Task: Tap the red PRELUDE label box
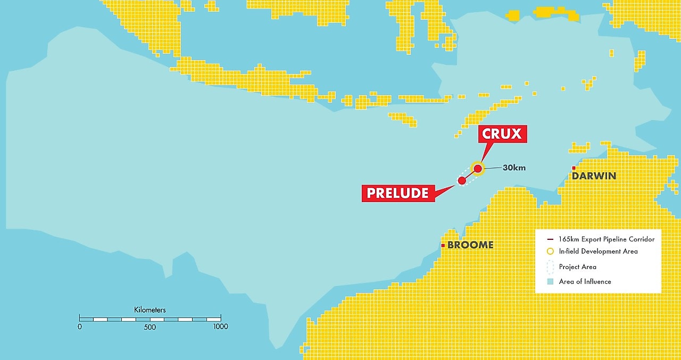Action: pos(397,193)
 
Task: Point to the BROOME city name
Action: pos(470,245)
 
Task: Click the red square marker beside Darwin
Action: pos(574,169)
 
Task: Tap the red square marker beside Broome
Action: pos(443,245)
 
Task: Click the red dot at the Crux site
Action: pos(478,169)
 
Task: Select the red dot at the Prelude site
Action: pos(462,181)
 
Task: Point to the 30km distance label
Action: pos(514,168)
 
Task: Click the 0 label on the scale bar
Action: pos(80,326)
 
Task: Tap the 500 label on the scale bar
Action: pos(150,327)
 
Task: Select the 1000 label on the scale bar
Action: pos(220,326)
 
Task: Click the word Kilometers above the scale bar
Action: pos(150,309)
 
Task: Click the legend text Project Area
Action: pos(577,267)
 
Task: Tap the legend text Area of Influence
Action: pos(585,281)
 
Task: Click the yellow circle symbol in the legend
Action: pos(550,251)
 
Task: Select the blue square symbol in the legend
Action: pos(550,281)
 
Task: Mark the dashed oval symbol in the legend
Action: pos(550,267)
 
